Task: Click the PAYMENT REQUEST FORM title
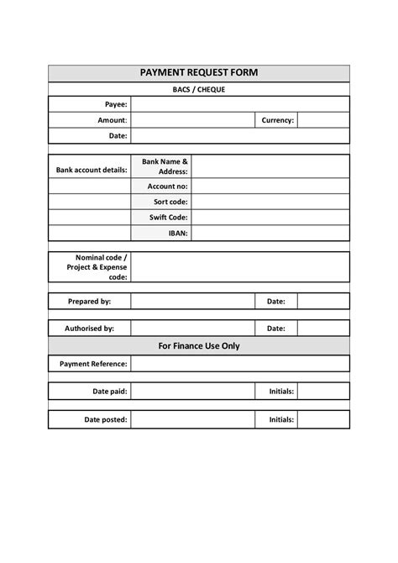point(198,73)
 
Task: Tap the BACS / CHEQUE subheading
point(198,89)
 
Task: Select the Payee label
point(116,104)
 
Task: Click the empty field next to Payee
point(239,104)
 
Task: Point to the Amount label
point(113,120)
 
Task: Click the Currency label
point(277,120)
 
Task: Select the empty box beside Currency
point(323,120)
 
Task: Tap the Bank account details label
point(91,170)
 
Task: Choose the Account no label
point(167,186)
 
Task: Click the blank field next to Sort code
point(270,202)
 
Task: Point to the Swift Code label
point(168,218)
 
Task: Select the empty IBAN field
point(270,233)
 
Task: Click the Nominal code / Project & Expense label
point(97,266)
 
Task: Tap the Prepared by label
point(89,300)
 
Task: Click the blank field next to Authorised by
point(192,328)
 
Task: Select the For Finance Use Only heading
point(198,345)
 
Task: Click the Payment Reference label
point(93,364)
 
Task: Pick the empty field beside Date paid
point(192,392)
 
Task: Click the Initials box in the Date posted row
point(323,419)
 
